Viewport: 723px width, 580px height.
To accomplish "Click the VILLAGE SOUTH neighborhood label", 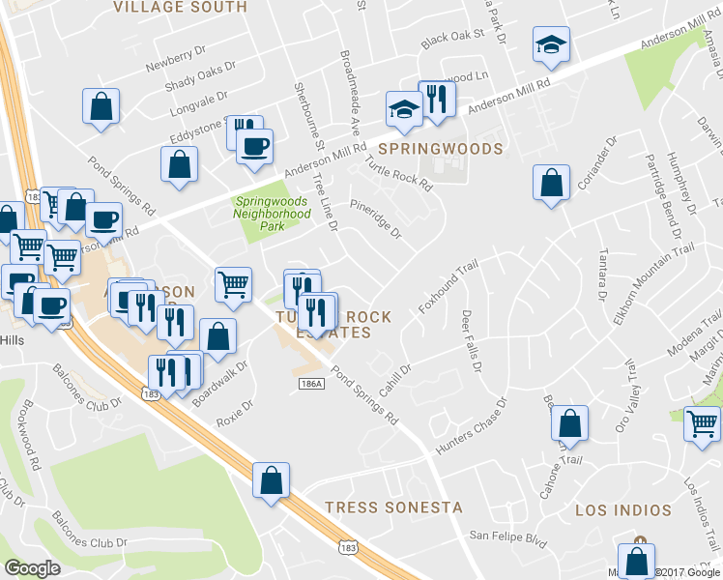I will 180,7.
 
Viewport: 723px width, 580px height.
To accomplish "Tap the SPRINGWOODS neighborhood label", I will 440,149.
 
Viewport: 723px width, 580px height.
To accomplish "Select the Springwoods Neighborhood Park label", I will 273,208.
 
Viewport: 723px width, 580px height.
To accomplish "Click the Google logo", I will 32,568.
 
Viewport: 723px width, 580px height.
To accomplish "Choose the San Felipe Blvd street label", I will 507,535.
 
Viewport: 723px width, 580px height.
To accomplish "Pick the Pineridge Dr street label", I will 375,218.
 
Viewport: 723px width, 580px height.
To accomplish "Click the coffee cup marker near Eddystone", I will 255,148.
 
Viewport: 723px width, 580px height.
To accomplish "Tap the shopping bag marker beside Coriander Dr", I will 550,183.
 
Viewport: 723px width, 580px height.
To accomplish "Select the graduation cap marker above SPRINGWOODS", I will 402,109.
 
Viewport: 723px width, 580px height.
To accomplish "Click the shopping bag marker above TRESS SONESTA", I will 272,480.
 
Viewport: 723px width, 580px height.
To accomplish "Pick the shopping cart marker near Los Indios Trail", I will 702,423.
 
